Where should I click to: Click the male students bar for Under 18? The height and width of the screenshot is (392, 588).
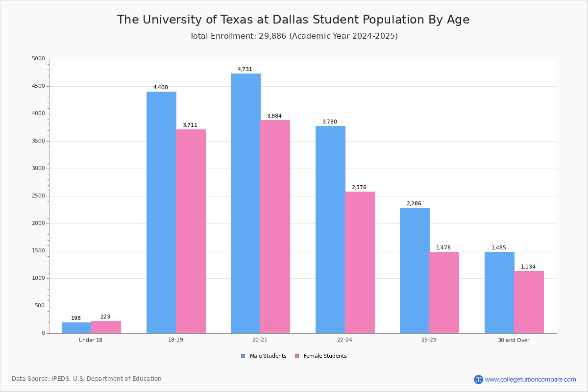pyautogui.click(x=76, y=328)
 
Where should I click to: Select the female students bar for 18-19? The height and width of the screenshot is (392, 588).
pyautogui.click(x=191, y=231)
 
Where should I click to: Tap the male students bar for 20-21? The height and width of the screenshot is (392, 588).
pyautogui.click(x=245, y=203)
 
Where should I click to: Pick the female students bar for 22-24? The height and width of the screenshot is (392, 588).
pyautogui.click(x=360, y=263)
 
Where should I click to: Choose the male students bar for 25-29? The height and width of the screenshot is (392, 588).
pyautogui.click(x=415, y=270)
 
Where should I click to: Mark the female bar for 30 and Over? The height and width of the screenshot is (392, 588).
pyautogui.click(x=529, y=302)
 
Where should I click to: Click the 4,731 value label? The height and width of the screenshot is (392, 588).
pyautogui.click(x=245, y=69)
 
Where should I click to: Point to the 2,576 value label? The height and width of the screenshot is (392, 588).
pyautogui.click(x=359, y=188)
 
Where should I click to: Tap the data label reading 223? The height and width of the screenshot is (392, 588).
pyautogui.click(x=105, y=317)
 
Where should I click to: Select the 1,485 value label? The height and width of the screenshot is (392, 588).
pyautogui.click(x=499, y=247)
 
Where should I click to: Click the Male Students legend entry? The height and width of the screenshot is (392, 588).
pyautogui.click(x=264, y=356)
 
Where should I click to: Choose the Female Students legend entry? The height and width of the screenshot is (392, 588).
pyautogui.click(x=321, y=356)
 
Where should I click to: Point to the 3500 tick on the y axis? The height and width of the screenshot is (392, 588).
pyautogui.click(x=39, y=141)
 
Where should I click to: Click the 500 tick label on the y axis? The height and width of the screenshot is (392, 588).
pyautogui.click(x=40, y=306)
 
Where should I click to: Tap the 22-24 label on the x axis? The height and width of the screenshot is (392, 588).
pyautogui.click(x=344, y=340)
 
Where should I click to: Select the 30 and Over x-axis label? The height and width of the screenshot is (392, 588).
pyautogui.click(x=514, y=340)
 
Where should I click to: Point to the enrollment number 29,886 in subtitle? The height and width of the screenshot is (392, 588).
pyautogui.click(x=272, y=36)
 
